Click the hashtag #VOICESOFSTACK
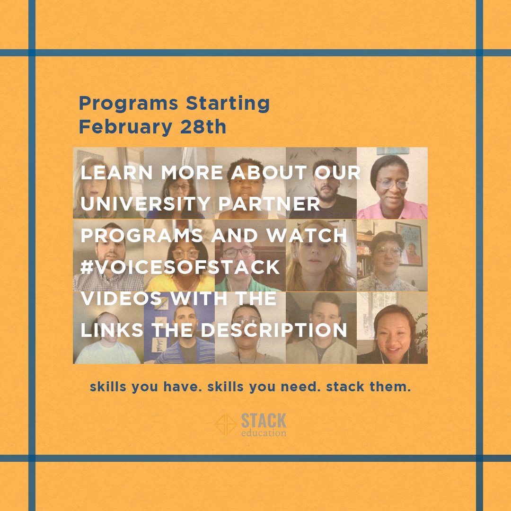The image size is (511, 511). (x=180, y=267)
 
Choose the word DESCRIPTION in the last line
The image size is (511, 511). (x=274, y=330)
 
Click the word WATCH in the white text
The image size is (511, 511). (x=309, y=235)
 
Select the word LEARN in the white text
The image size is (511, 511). (x=118, y=173)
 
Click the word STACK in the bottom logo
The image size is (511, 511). (x=264, y=420)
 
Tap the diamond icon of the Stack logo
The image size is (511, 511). (x=226, y=424)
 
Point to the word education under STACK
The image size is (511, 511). (x=264, y=432)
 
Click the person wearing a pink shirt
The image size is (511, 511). (x=391, y=189)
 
